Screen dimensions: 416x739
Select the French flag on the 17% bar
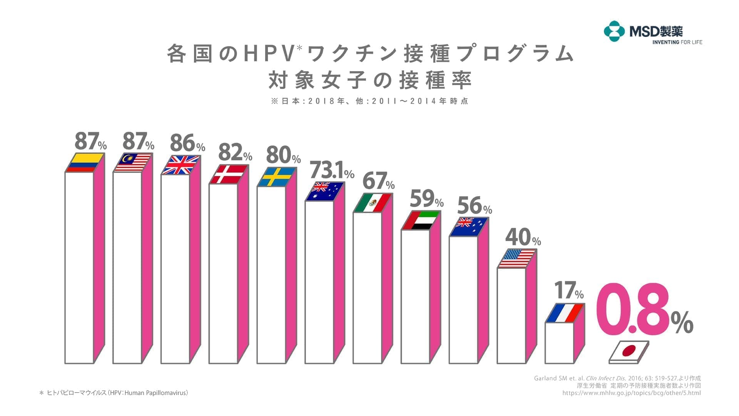tap(565, 313)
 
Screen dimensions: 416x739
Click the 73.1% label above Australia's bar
tap(331, 170)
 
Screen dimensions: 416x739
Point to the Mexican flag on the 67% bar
tap(373, 203)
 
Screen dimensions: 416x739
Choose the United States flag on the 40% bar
tap(517, 258)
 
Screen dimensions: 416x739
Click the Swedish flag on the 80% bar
tap(276, 177)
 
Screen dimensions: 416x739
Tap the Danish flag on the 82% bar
tap(229, 174)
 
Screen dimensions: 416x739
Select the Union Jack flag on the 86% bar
tap(181, 165)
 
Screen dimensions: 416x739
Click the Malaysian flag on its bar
tap(132, 163)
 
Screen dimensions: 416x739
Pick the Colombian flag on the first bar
tap(84, 163)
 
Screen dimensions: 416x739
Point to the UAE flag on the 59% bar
tap(421, 220)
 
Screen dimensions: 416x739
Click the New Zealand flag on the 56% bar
tap(469, 227)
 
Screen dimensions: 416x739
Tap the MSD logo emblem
tap(614, 31)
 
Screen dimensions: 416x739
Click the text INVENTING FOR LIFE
tap(677, 42)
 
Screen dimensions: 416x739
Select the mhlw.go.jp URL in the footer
tap(631, 393)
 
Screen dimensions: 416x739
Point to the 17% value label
tap(568, 291)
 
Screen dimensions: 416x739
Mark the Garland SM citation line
tap(617, 378)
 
